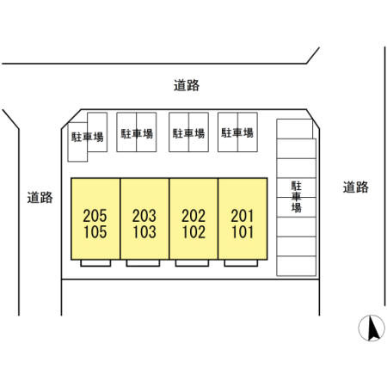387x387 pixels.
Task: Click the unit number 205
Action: (95, 216)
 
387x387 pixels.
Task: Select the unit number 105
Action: (95, 232)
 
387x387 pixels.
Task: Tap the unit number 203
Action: (144, 216)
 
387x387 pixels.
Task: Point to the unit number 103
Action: (144, 232)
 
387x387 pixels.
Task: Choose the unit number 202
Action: (193, 216)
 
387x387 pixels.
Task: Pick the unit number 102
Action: (193, 232)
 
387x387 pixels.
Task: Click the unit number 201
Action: (243, 216)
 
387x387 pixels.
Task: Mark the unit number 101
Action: (243, 232)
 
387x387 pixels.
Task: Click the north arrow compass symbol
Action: (372, 328)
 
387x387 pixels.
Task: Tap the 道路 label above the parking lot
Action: (187, 85)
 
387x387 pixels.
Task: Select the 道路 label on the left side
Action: (40, 198)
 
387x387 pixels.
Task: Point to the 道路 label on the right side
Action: (356, 187)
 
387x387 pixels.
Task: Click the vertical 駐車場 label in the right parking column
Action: (297, 197)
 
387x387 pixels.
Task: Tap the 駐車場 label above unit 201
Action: (237, 132)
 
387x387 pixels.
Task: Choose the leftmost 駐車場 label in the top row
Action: (88, 137)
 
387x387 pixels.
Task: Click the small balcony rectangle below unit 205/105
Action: (95, 263)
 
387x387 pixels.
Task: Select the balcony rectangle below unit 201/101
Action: (241, 263)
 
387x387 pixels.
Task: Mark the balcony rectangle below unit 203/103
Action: (143, 263)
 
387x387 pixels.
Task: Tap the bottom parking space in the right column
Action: (297, 266)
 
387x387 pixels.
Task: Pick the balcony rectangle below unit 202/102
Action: (192, 263)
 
